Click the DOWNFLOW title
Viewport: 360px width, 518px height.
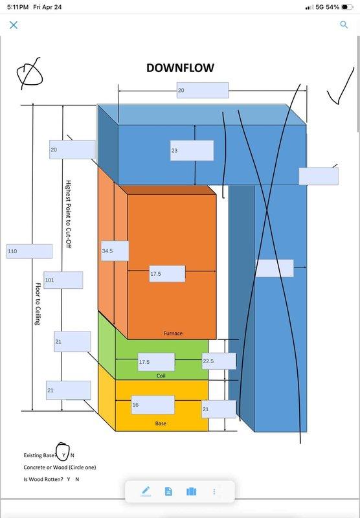180,68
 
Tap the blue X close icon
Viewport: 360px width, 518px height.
14,25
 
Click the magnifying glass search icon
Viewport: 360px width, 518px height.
344,25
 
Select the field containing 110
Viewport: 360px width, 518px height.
29,251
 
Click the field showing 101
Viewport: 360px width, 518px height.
63,280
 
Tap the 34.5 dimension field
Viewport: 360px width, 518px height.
115,251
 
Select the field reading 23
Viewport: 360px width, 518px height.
192,151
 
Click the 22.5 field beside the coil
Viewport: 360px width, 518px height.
219,361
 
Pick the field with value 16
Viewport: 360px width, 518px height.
153,405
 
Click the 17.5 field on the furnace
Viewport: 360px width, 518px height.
167,273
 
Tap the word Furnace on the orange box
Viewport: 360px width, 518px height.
173,333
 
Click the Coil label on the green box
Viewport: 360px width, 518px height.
161,376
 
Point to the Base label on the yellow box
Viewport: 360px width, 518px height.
161,423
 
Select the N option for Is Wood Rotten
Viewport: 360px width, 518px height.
77,479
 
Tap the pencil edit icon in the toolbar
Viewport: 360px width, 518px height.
145,491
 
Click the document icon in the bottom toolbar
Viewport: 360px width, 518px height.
168,491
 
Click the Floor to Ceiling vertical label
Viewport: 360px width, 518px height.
38,304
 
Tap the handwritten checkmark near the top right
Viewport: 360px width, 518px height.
341,86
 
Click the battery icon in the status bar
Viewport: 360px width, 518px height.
347,7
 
